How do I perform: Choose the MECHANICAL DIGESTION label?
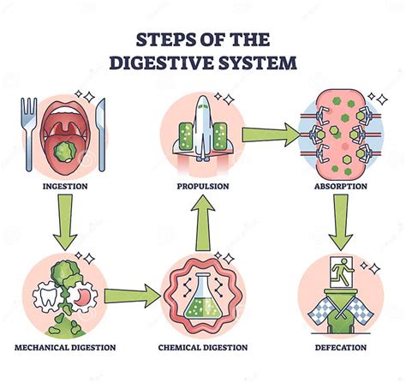[66, 347]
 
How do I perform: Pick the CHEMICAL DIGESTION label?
[203, 347]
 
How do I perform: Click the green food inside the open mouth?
[63, 153]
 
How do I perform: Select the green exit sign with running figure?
[341, 270]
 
